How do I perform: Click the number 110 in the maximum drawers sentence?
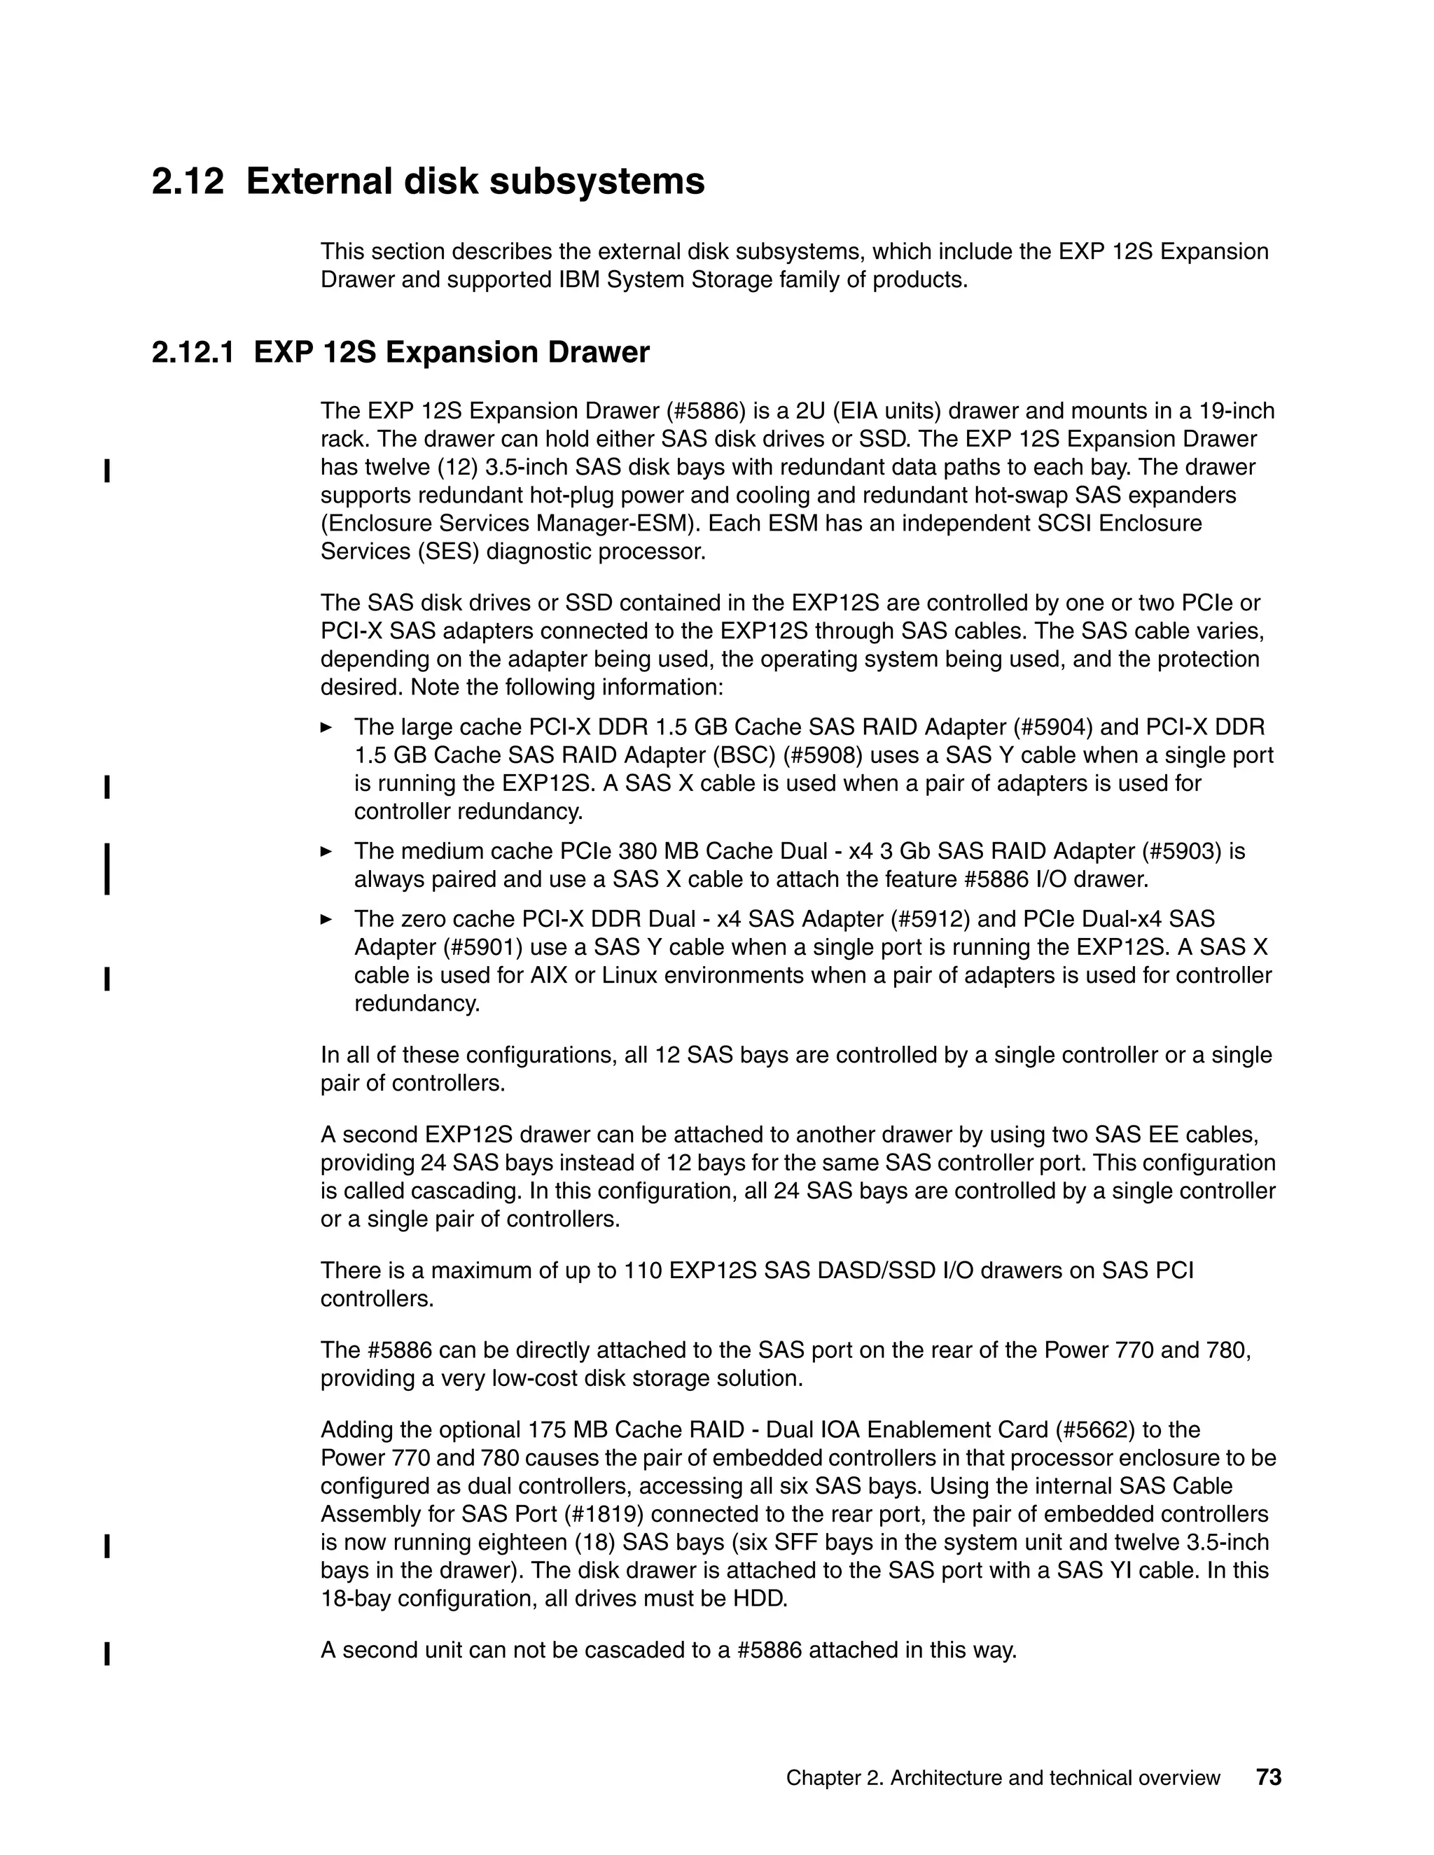(x=642, y=1270)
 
